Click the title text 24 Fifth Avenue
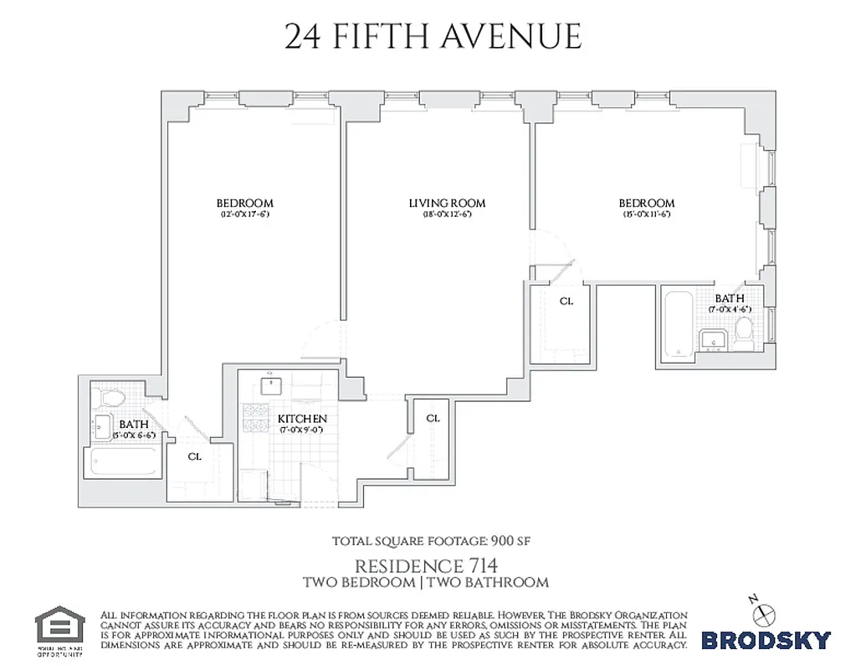pyautogui.click(x=433, y=37)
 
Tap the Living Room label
pyautogui.click(x=447, y=203)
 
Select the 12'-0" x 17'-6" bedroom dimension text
pyautogui.click(x=244, y=214)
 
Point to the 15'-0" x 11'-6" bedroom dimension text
pyautogui.click(x=646, y=214)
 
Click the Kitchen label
pyautogui.click(x=302, y=418)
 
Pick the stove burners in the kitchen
pyautogui.click(x=252, y=416)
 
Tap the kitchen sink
pyautogui.click(x=271, y=386)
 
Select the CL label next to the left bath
pyautogui.click(x=194, y=456)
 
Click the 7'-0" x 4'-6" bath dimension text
pyautogui.click(x=730, y=309)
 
